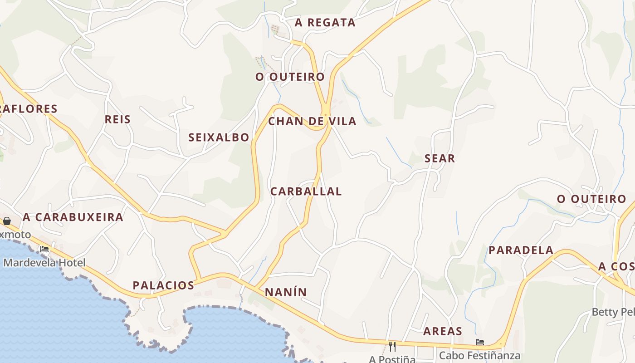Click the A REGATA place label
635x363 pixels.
point(325,23)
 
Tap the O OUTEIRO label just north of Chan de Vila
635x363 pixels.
point(290,77)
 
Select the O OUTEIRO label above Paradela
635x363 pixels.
point(591,199)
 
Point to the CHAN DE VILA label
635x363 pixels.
point(312,121)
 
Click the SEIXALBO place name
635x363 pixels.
point(219,137)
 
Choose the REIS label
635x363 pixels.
point(117,119)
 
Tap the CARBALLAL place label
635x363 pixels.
point(306,191)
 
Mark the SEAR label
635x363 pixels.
point(440,158)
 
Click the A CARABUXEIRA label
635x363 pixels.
point(73,217)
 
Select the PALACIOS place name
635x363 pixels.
point(163,285)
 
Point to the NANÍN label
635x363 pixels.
point(286,292)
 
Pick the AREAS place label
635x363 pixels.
point(443,331)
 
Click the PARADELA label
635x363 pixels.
point(521,250)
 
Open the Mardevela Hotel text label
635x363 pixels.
point(44,262)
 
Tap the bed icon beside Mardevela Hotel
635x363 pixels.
point(44,249)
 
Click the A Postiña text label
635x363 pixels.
point(392,359)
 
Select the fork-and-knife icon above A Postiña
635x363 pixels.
point(392,347)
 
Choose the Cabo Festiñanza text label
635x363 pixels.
point(479,355)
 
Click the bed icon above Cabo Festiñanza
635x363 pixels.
point(480,342)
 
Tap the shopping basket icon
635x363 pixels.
point(7,221)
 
